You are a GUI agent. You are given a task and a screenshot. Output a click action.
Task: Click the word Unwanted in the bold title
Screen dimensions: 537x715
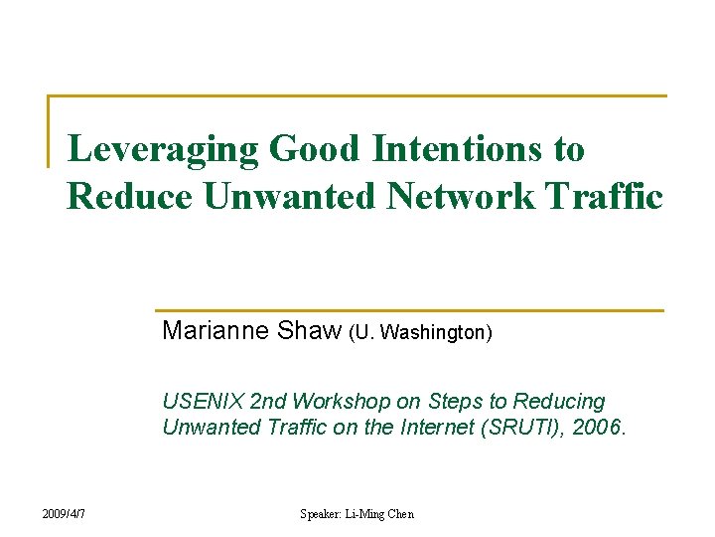(x=290, y=196)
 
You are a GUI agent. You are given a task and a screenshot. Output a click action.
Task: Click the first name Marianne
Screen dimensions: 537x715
(x=214, y=330)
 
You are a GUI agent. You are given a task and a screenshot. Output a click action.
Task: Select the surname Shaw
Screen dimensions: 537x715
(x=309, y=330)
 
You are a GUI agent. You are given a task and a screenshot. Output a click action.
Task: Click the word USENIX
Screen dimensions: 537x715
(x=203, y=402)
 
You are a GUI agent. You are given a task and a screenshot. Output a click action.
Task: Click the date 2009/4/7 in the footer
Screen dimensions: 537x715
(x=64, y=513)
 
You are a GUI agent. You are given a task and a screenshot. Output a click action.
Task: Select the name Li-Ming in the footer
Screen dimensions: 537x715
(x=366, y=514)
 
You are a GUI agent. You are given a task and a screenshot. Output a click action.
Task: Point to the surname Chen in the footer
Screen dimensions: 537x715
(x=402, y=514)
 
